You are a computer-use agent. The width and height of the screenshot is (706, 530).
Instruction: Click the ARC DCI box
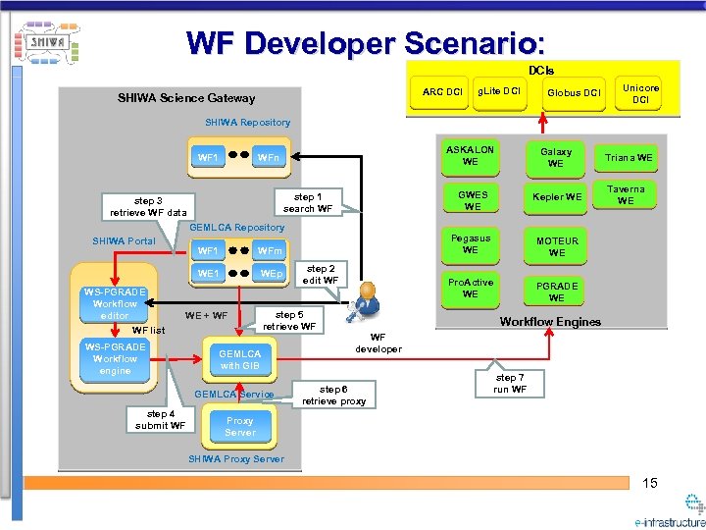point(441,93)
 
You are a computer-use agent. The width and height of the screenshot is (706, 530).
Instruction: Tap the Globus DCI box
point(573,93)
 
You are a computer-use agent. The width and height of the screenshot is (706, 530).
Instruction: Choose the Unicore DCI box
point(640,93)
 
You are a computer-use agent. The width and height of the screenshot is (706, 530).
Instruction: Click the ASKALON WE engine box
point(471,156)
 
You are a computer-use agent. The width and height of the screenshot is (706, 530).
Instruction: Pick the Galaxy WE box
point(556,157)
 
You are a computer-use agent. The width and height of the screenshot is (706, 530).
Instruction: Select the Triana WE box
point(629,157)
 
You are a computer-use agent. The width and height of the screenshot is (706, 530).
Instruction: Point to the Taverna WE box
point(627,194)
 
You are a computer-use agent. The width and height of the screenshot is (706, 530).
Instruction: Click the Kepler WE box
point(556,197)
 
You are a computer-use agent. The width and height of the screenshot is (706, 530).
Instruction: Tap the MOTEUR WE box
point(556,246)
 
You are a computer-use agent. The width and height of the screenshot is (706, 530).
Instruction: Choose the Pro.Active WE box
point(471,289)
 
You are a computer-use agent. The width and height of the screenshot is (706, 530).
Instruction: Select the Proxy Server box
point(239,427)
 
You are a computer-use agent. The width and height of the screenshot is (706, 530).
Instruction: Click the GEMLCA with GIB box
point(239,359)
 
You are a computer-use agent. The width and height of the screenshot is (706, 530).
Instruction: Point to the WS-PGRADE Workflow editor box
point(115,303)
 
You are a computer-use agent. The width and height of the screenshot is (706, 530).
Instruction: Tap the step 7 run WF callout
point(511,384)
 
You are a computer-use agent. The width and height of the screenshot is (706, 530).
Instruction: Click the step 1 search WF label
point(307,203)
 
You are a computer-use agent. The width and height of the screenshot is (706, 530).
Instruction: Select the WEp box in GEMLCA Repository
point(271,274)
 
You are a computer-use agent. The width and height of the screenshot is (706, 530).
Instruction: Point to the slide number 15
point(650,483)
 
